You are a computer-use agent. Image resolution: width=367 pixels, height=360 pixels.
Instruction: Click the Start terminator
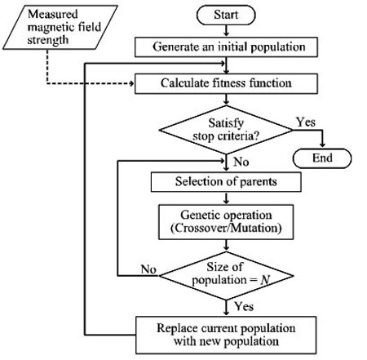click(226, 16)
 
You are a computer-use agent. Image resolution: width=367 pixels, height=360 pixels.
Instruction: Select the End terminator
click(322, 158)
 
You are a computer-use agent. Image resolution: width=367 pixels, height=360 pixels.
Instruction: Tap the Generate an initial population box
click(226, 47)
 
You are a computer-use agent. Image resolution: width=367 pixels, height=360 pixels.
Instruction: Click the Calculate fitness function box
click(226, 83)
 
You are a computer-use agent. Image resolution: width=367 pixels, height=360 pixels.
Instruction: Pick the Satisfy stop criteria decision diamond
click(226, 130)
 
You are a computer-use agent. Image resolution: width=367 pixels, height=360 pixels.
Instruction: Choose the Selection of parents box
click(226, 182)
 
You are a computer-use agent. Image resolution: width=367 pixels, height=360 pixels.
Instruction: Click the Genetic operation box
click(226, 222)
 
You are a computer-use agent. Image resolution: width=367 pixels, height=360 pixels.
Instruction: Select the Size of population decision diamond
click(226, 276)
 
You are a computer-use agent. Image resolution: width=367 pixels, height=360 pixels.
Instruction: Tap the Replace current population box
click(226, 335)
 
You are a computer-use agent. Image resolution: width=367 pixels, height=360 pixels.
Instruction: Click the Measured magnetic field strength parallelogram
click(60, 28)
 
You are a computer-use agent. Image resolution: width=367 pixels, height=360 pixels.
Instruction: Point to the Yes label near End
click(306, 122)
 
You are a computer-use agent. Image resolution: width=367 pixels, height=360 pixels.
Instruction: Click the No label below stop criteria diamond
click(241, 162)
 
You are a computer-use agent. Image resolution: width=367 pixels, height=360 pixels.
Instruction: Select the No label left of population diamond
click(148, 269)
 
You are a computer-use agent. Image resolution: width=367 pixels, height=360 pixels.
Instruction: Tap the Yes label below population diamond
click(244, 306)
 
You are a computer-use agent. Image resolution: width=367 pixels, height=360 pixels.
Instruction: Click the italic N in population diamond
click(265, 280)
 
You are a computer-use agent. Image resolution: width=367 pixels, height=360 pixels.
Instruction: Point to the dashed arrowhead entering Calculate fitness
click(132, 83)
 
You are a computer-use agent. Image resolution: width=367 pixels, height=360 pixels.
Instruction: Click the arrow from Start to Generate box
click(226, 31)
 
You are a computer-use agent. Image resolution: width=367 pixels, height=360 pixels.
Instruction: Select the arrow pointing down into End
click(322, 139)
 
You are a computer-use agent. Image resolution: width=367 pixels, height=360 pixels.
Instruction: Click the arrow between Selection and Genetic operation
click(226, 198)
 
